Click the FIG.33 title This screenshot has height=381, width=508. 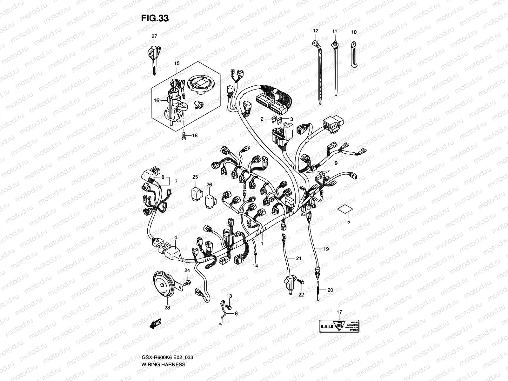(155, 18)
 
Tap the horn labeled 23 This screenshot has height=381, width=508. (164, 285)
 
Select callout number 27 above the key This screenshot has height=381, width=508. (154, 37)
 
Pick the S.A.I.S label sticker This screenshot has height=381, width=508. (339, 325)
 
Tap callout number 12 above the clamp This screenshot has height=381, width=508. (315, 31)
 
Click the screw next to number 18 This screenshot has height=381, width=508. (184, 136)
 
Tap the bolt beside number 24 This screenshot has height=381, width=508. (188, 282)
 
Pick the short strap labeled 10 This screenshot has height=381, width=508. (354, 54)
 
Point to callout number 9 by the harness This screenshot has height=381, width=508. (336, 164)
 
